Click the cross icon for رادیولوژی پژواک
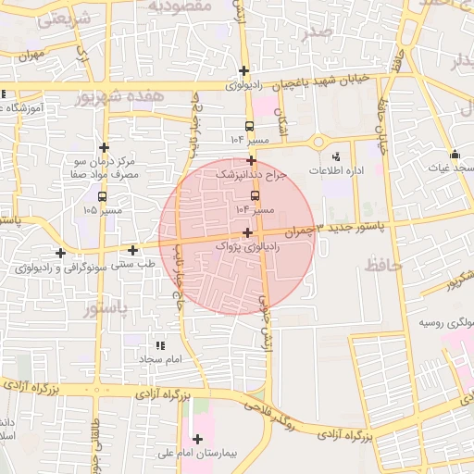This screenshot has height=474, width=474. coord(246,232)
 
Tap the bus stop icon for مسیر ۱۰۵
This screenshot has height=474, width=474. coord(102,196)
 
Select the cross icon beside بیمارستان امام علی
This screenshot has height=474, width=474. coord(196,439)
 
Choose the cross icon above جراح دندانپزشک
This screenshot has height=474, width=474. coord(251,160)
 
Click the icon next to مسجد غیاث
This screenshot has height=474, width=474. coord(454,155)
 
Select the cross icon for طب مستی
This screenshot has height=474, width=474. coord(133,250)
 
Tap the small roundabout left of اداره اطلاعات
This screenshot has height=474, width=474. coord(318,142)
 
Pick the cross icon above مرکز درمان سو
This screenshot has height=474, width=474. coord(104,147)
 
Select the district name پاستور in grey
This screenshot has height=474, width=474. coord(108,306)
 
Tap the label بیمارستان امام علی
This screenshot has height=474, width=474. coord(235,455)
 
